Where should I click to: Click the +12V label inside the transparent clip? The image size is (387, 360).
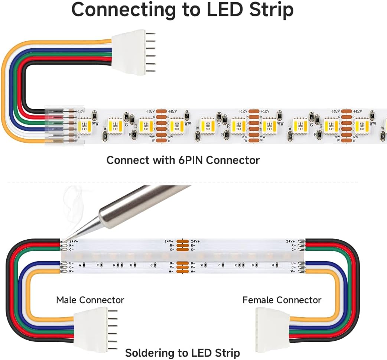pyautogui.click(x=81, y=111)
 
